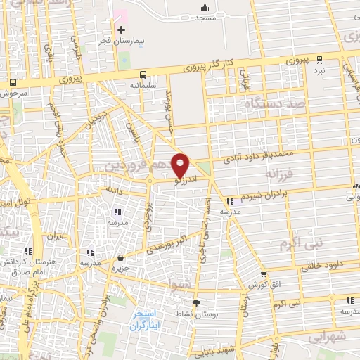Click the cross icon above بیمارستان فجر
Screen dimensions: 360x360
pyautogui.click(x=122, y=30)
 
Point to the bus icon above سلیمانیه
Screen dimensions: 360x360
pyautogui.click(x=143, y=74)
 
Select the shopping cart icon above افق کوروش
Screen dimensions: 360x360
pyautogui.click(x=263, y=274)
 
